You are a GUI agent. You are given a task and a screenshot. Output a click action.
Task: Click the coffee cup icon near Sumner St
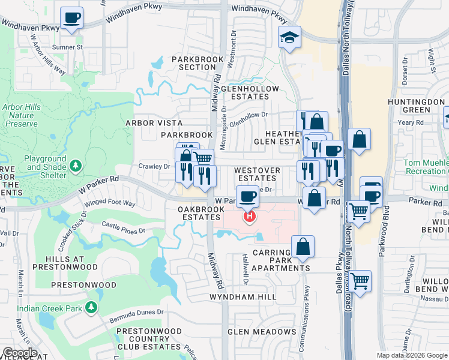click(x=72, y=18)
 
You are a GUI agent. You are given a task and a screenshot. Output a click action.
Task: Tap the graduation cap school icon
click(x=289, y=38)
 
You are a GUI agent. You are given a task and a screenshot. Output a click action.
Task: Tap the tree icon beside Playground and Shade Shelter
click(x=76, y=165)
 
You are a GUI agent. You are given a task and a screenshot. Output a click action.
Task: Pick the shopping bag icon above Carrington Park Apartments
click(x=303, y=246)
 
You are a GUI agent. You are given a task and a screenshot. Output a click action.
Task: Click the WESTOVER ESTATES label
click(x=257, y=174)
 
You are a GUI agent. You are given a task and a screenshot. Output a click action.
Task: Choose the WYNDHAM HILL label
click(x=243, y=297)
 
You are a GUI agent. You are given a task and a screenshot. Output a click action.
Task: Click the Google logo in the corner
click(x=20, y=352)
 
